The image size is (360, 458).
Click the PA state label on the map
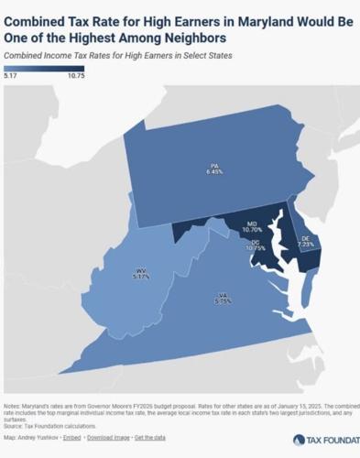213,166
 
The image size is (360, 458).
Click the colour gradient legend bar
44,70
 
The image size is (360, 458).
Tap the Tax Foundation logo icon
298,440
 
